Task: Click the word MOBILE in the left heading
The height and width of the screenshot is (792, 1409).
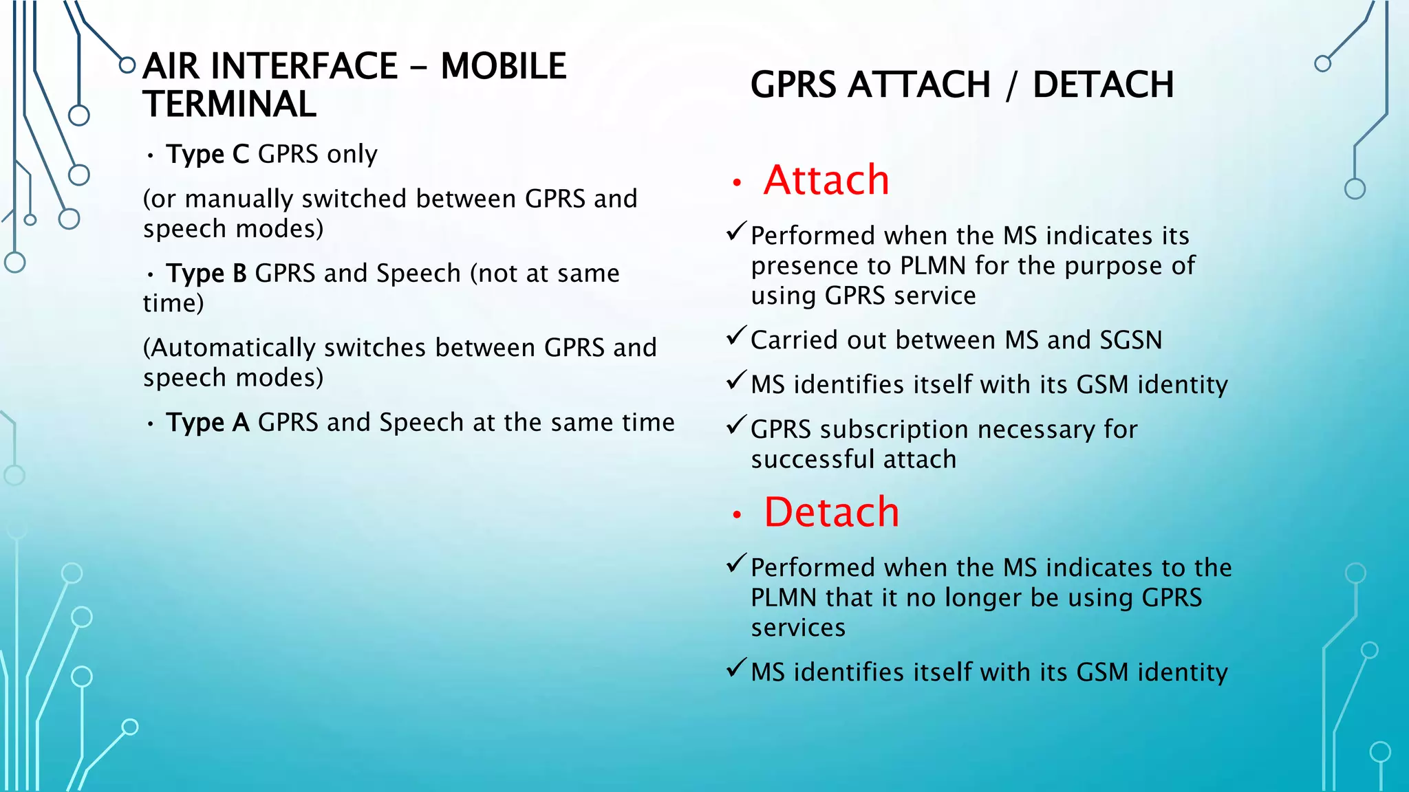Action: (x=503, y=66)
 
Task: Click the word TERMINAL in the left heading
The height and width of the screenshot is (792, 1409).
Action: (x=230, y=104)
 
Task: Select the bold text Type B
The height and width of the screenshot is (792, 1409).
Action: (x=206, y=273)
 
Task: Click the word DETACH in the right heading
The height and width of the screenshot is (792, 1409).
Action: (x=1103, y=85)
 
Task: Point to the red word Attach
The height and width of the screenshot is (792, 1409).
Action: (x=826, y=180)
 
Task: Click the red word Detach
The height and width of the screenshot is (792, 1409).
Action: (x=831, y=512)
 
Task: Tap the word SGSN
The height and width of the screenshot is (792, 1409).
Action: (x=1130, y=340)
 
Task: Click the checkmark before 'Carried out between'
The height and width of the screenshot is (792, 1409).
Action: (x=736, y=336)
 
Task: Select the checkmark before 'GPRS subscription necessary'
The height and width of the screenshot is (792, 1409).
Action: (x=736, y=426)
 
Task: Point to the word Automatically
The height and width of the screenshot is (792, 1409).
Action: (x=234, y=348)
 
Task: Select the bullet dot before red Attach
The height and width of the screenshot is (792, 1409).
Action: (x=737, y=183)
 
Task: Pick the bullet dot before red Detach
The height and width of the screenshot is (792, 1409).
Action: (x=737, y=515)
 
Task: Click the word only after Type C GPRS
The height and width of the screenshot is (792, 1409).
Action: (x=352, y=155)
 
